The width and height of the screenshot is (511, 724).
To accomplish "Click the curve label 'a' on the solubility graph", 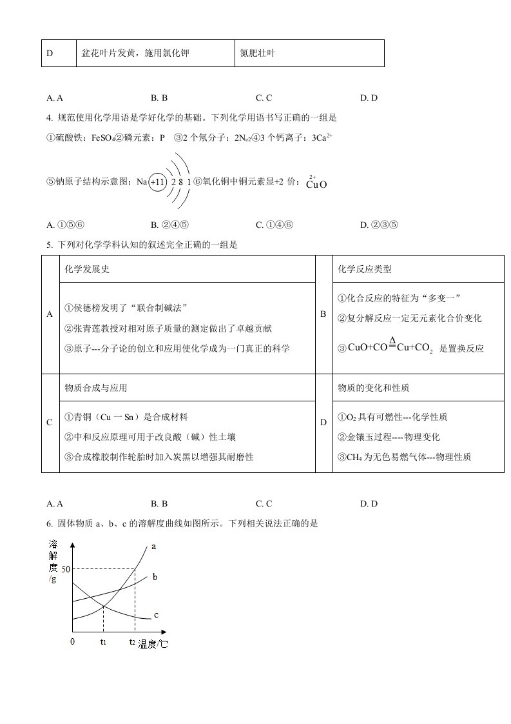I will pos(154,547).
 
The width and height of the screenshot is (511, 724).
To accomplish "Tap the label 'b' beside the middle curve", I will pos(155,577).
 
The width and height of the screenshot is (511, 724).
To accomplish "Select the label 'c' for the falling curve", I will pos(156,615).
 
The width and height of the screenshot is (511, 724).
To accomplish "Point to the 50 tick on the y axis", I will pos(66,569).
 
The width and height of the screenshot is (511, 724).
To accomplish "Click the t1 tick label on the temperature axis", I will pos(102,641).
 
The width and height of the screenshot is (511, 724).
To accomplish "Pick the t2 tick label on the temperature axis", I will pos(133,641).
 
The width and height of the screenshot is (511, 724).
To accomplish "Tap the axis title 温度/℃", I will pos(153,644).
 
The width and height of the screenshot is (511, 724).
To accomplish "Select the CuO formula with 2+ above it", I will pos(316,184).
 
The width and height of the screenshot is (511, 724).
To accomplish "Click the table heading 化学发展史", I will pos(87,269).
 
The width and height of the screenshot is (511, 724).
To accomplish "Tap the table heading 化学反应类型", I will pos(364,269).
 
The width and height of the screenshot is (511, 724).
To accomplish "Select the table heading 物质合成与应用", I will pos(96,388).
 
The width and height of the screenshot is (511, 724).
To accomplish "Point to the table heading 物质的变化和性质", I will pos(373,388).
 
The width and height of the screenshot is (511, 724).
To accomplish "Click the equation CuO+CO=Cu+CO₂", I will pos(390,348).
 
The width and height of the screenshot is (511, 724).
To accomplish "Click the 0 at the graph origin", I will pos(72,641).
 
